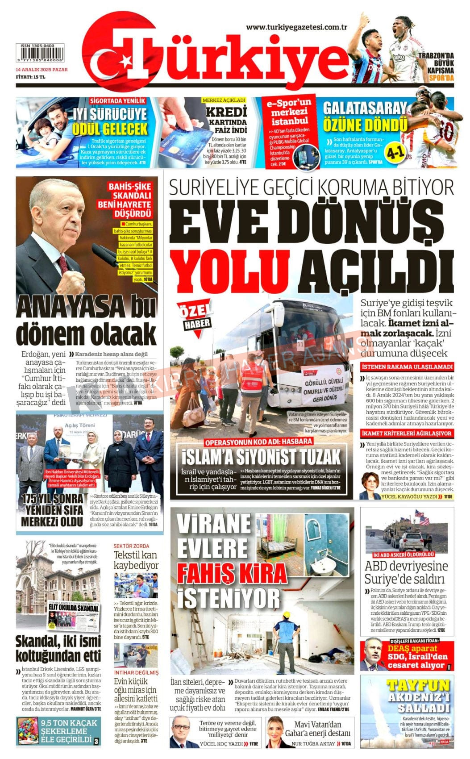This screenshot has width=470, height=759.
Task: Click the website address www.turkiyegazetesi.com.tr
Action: pyautogui.click(x=296, y=27)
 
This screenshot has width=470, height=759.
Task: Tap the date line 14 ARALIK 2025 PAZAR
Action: pyautogui.click(x=42, y=70)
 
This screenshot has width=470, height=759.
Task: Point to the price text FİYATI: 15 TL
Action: pyautogui.click(x=30, y=77)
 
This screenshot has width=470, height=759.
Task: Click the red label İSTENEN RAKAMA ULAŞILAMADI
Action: pyautogui.click(x=407, y=367)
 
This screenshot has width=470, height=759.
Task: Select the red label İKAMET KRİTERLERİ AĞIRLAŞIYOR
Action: pyautogui.click(x=407, y=433)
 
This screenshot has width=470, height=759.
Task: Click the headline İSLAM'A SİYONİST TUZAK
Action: pyautogui.click(x=261, y=457)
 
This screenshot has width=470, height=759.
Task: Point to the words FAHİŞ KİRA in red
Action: pyautogui.click(x=232, y=573)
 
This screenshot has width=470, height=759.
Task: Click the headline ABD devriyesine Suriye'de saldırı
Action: pyautogui.click(x=406, y=572)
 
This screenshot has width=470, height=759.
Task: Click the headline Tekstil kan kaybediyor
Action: pyautogui.click(x=136, y=560)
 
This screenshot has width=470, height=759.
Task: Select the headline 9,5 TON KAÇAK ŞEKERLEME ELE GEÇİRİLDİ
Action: pyautogui.click(x=69, y=731)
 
